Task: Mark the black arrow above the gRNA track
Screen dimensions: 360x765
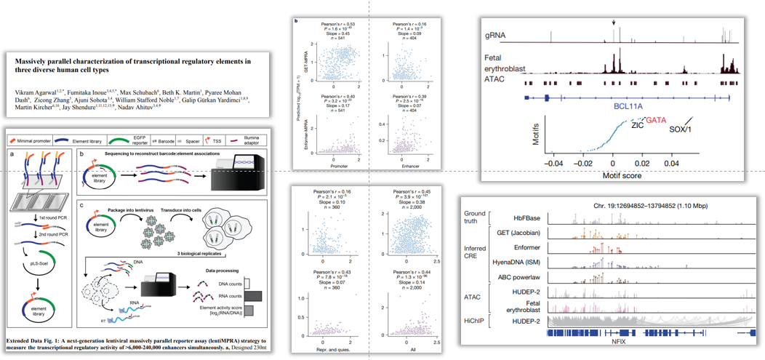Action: click(614, 22)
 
